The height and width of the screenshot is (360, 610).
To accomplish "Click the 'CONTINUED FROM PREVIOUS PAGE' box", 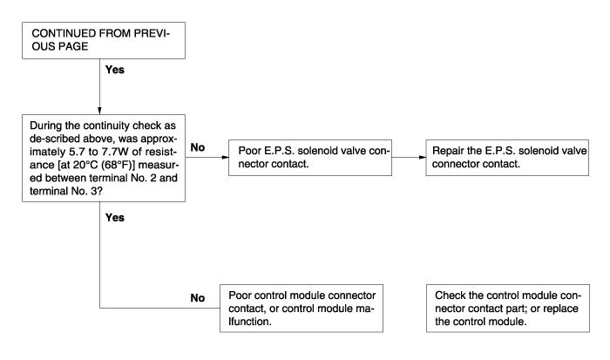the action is (x=104, y=40).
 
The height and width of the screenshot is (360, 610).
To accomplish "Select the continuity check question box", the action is (x=104, y=158).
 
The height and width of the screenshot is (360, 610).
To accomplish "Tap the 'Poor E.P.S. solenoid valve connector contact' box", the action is (x=310, y=158).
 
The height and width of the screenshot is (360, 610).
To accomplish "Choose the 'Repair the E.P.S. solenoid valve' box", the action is (x=507, y=158).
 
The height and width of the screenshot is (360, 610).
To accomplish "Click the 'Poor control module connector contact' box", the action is (x=302, y=309).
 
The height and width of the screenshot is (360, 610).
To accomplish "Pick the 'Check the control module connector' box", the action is (x=508, y=309).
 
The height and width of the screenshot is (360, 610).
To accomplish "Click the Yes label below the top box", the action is (x=115, y=70).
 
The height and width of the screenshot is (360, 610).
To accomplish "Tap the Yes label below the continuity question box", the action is (x=115, y=218).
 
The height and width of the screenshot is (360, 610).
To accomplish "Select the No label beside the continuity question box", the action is (x=198, y=147).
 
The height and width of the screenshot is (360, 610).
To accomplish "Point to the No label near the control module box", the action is (x=198, y=298).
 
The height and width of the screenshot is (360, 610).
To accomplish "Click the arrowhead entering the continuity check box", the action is (x=99, y=111).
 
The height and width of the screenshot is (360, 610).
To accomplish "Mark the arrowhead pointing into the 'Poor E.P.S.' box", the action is (x=225, y=157).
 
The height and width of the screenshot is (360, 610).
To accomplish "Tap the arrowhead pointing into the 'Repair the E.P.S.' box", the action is (x=423, y=157).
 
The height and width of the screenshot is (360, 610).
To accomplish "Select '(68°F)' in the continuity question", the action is (x=117, y=165).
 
